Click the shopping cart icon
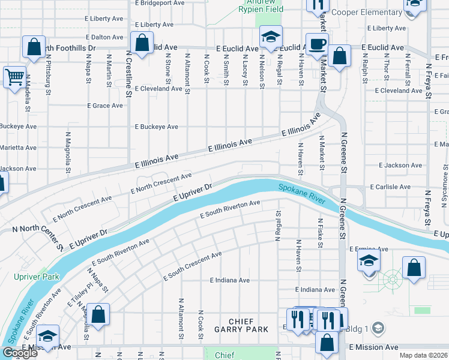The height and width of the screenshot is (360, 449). [14, 77]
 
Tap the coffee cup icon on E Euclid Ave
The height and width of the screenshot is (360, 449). [318, 43]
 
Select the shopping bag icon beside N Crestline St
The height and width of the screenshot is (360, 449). [142, 43]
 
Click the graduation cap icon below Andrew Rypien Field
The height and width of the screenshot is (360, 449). [271, 37]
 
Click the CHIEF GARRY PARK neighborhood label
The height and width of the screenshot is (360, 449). [241, 329]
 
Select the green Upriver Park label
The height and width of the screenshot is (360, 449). [29, 277]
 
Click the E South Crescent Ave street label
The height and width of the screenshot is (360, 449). [192, 266]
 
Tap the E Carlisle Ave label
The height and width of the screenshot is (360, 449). [390, 187]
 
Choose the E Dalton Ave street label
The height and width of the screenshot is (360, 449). [104, 37]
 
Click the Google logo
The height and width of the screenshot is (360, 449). [19, 353]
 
